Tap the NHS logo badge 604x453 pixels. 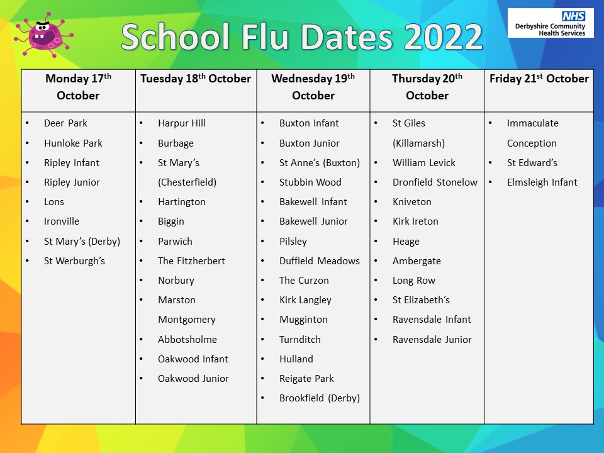[x=573, y=16]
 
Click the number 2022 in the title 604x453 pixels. [x=443, y=37]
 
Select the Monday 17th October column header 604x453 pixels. [x=78, y=87]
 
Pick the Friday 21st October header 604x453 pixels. [x=539, y=79]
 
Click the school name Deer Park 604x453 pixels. [x=65, y=123]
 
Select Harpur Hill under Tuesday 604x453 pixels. [x=181, y=123]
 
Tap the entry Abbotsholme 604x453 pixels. [x=187, y=339]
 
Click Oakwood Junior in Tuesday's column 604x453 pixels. [x=193, y=378]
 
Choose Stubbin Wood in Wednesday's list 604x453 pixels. [x=310, y=182]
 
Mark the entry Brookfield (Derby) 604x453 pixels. [x=320, y=398]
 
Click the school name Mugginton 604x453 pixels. [x=303, y=320]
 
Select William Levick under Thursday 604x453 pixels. [x=423, y=162]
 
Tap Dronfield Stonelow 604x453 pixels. [x=435, y=182]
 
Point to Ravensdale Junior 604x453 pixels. [x=432, y=339]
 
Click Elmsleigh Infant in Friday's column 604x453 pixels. [x=542, y=182]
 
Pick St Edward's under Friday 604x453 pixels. [x=532, y=162]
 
